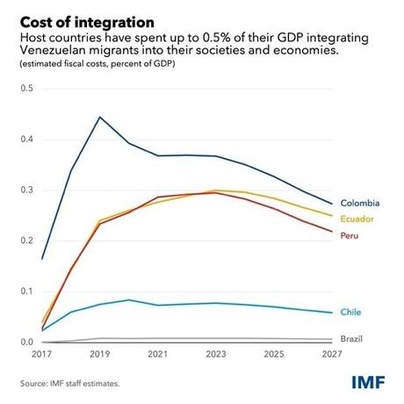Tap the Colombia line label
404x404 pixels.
click(362, 204)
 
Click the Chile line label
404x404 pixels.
click(353, 312)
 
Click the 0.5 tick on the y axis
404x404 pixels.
click(25, 90)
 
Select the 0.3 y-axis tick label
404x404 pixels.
click(25, 191)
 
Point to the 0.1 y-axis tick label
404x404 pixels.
click(25, 292)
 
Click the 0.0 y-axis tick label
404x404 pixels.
click(25, 342)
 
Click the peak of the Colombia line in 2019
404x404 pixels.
click(100, 117)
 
